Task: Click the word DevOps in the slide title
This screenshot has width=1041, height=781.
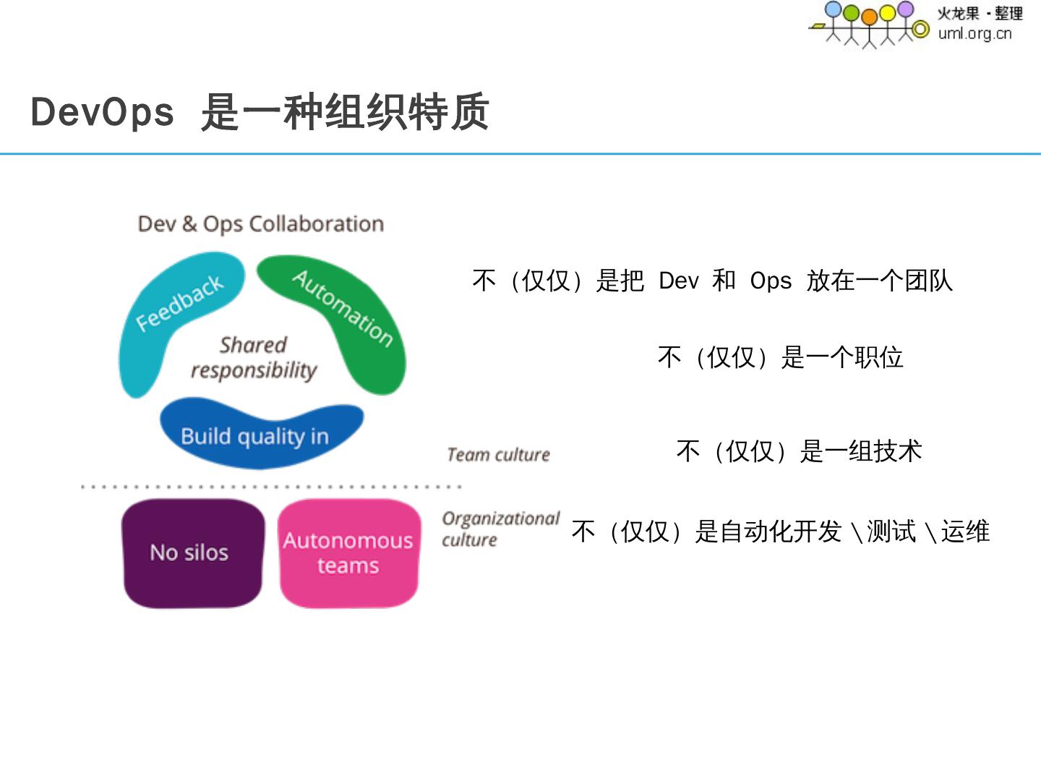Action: pos(102,113)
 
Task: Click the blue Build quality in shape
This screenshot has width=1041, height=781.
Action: pos(257,434)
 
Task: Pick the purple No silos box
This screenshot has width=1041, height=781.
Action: pos(191,553)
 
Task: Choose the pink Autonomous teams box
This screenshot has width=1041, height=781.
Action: pos(348,553)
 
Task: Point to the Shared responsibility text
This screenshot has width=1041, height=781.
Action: pos(254,357)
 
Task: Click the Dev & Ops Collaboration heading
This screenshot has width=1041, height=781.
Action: pos(260,224)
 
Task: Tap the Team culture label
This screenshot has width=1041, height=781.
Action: pos(498,455)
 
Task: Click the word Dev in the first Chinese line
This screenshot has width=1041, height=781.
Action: pos(678,281)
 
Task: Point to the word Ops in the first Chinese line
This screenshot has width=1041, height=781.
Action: pos(771,281)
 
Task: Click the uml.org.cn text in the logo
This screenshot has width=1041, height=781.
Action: pos(974,33)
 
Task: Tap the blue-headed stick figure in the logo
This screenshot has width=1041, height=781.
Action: pos(834,11)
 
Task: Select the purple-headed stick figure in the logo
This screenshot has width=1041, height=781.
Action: pos(905,9)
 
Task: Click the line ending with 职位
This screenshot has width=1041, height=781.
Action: pos(781,357)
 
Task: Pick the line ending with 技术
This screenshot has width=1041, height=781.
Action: pos(799,451)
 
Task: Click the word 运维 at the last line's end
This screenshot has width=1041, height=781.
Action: pos(965,532)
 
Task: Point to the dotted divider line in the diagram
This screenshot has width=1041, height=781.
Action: pos(271,487)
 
